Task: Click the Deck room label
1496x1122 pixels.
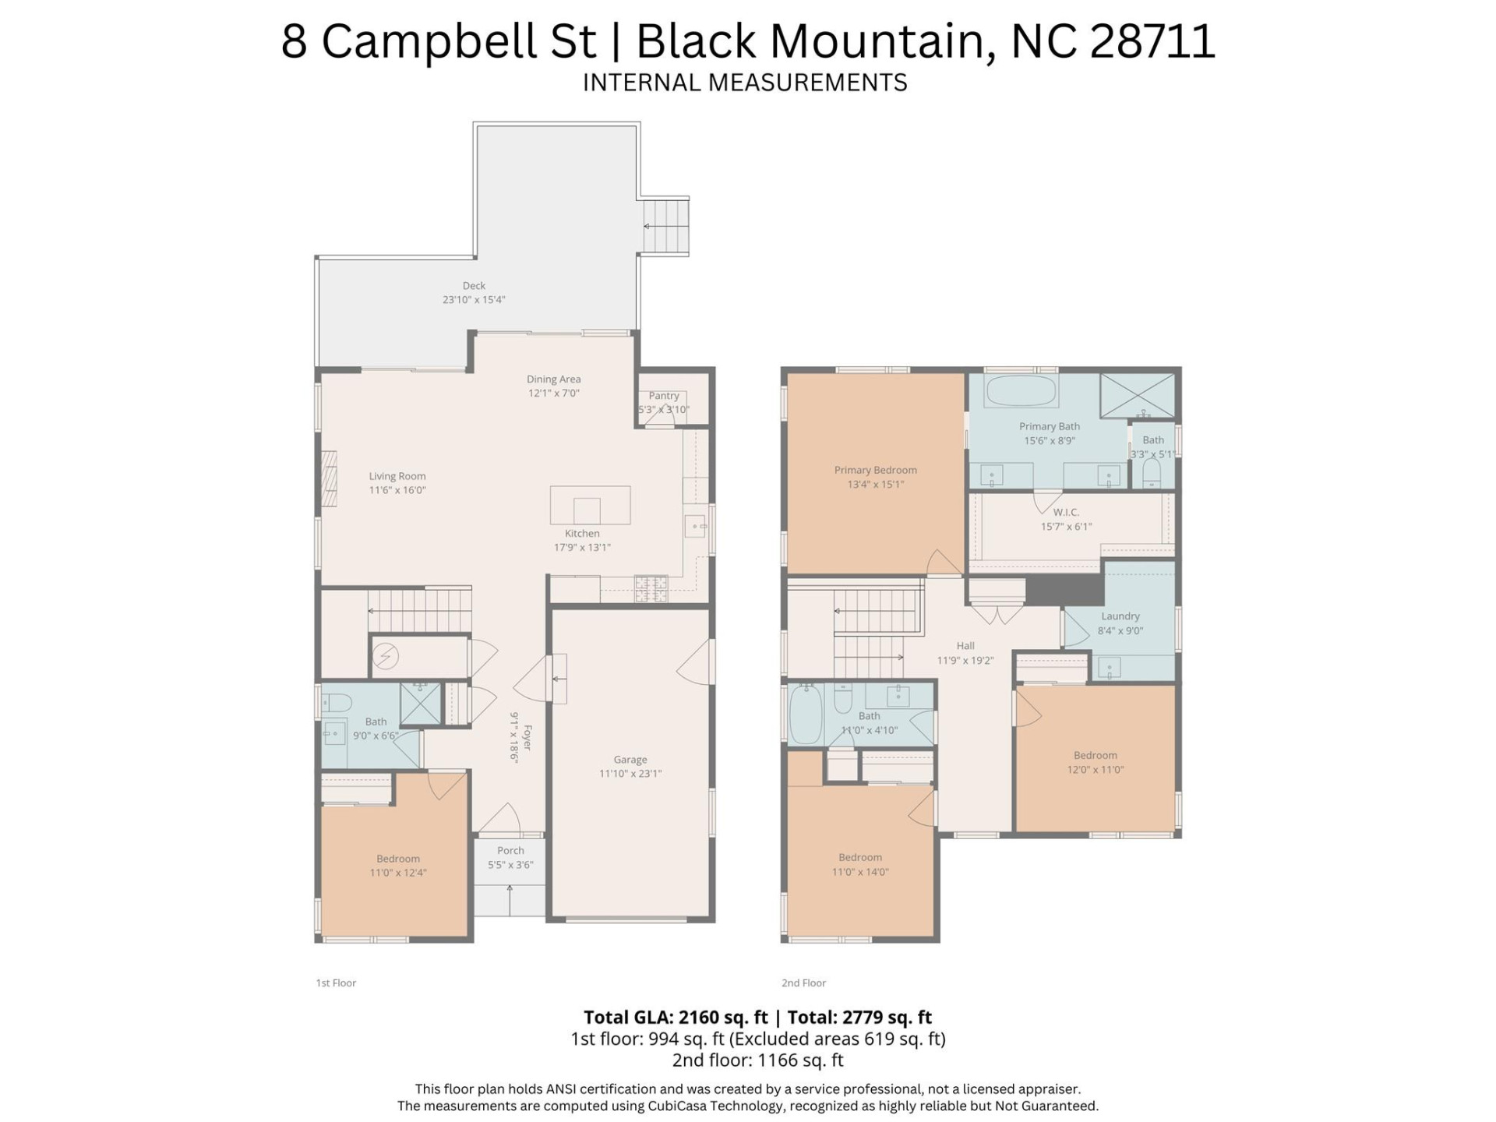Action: tap(474, 286)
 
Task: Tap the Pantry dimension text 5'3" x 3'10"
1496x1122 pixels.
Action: tap(664, 410)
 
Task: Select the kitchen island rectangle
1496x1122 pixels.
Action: tap(590, 505)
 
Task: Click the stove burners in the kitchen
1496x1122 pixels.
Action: tap(651, 588)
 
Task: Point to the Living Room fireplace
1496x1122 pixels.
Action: tap(329, 478)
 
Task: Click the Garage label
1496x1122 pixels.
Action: tap(630, 760)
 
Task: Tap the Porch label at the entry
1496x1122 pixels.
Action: tap(510, 851)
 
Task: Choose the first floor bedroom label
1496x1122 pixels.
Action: tap(398, 859)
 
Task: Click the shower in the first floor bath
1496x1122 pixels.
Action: tap(421, 704)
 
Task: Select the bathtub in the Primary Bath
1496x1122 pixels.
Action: tap(1021, 390)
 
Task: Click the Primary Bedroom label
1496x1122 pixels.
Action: tap(875, 470)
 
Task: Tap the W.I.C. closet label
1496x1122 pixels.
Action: tap(1066, 512)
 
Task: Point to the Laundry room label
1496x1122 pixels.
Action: tap(1120, 616)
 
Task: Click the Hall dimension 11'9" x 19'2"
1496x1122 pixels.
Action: tap(965, 661)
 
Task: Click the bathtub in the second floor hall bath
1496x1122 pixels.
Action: tap(806, 715)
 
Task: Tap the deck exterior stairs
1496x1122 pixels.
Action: tap(665, 226)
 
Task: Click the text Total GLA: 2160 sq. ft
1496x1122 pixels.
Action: tap(676, 1018)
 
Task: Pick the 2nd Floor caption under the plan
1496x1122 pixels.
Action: tap(803, 983)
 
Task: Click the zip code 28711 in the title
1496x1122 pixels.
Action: tap(1152, 41)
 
